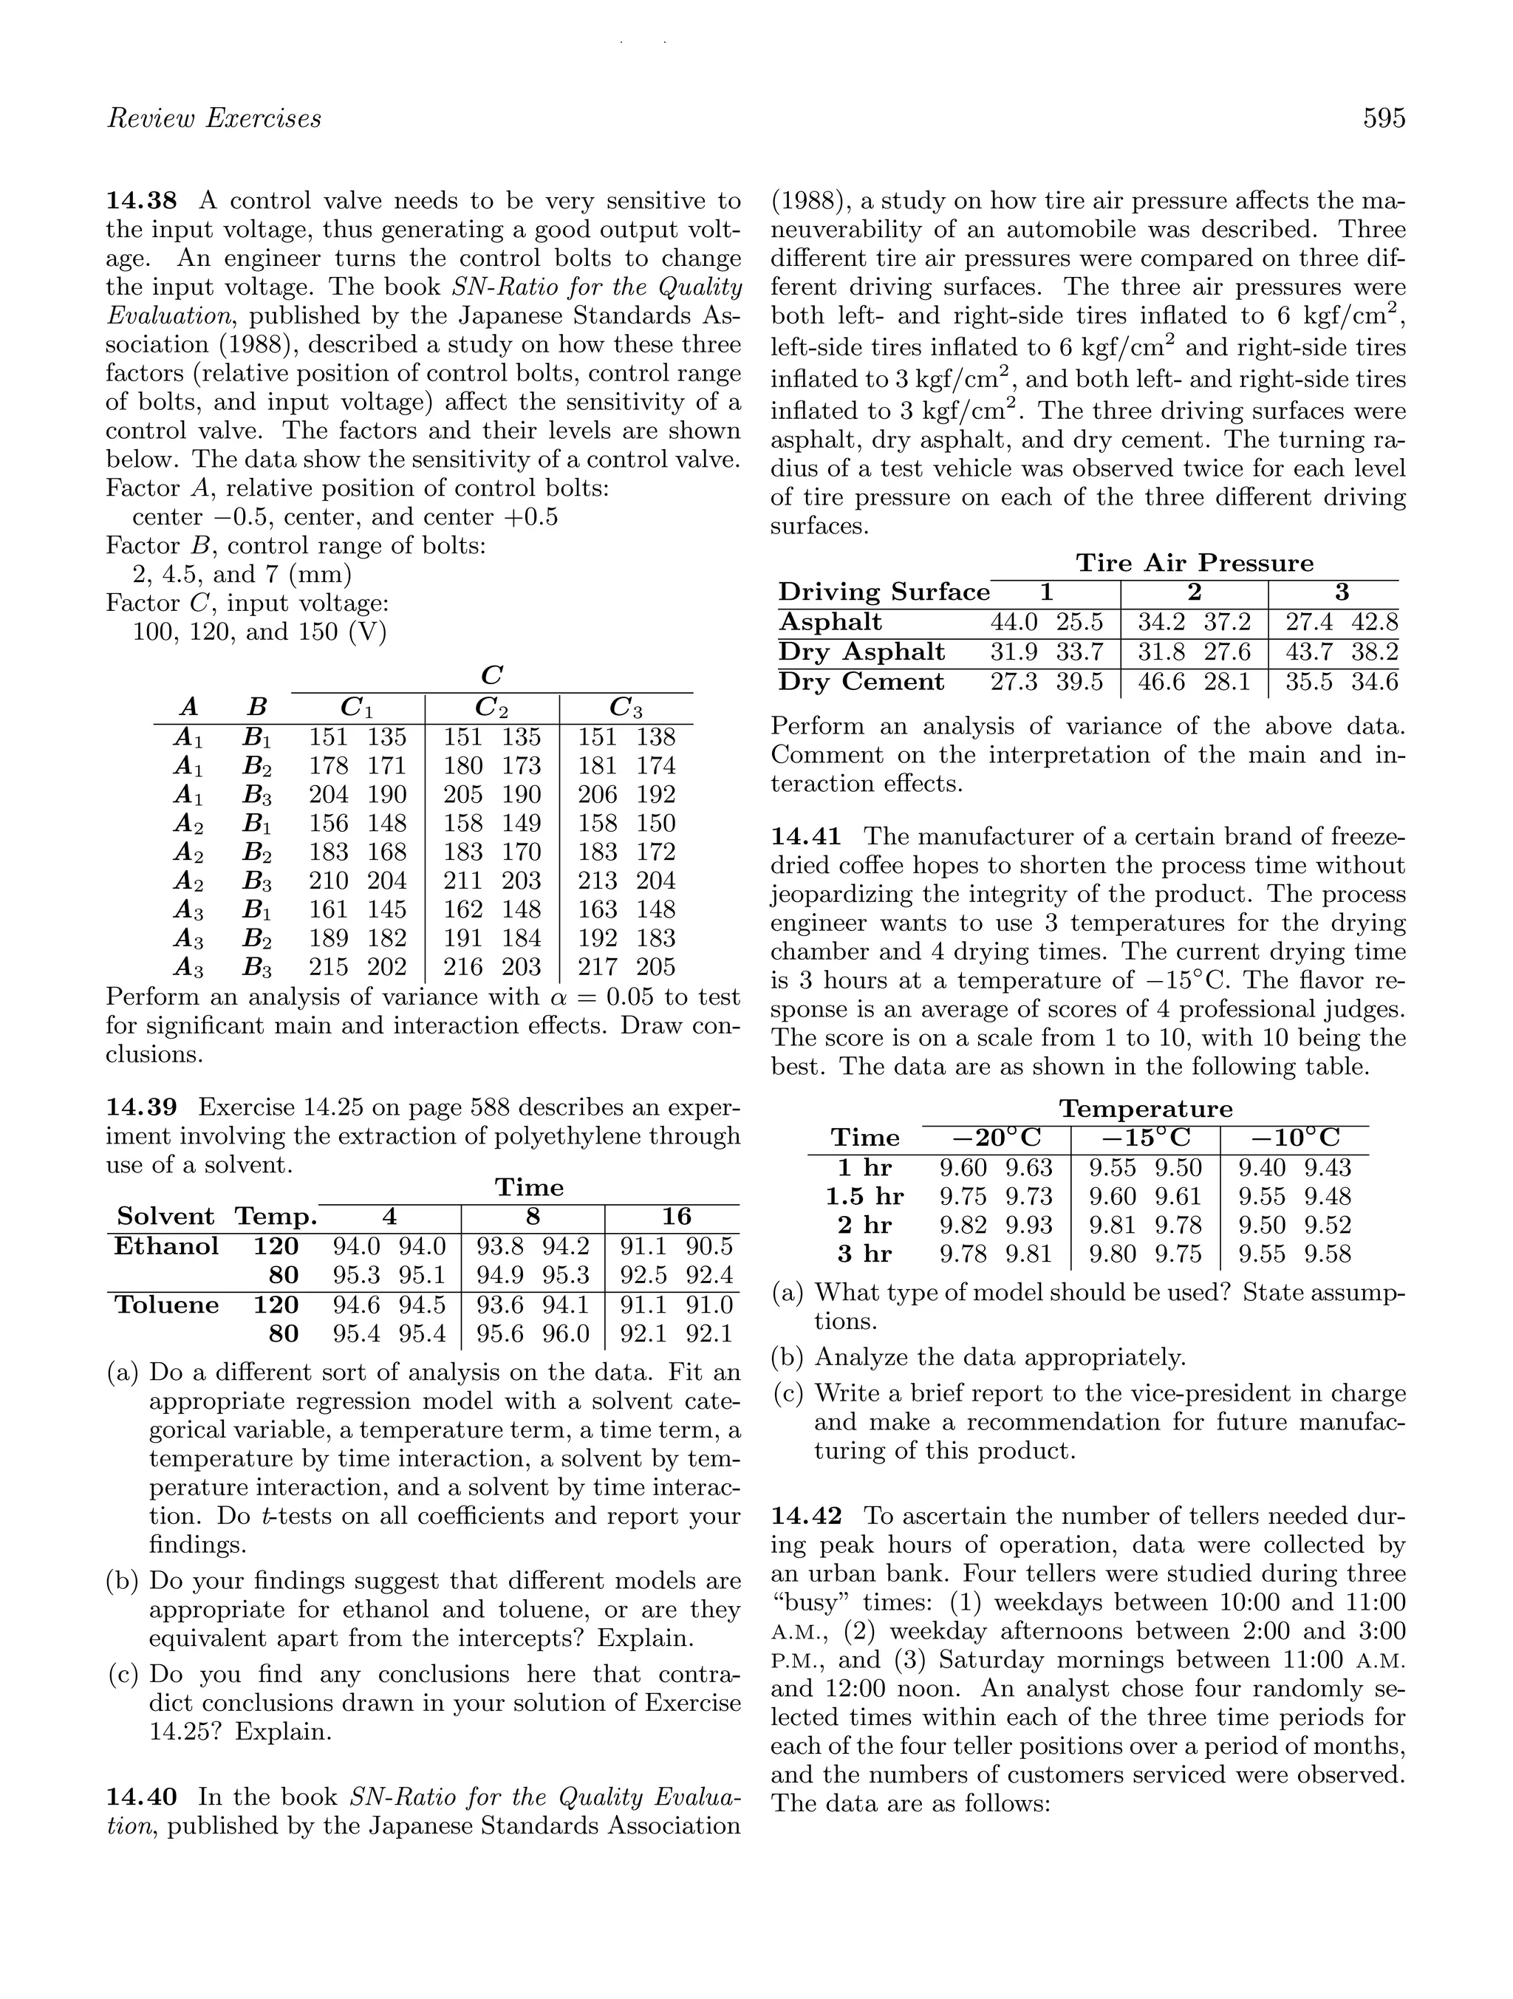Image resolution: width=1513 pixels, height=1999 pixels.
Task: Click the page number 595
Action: (x=1384, y=118)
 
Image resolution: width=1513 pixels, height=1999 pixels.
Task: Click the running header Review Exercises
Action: (x=214, y=118)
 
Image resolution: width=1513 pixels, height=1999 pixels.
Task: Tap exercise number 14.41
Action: (x=806, y=837)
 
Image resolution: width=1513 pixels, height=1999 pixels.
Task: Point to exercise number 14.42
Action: (x=806, y=1516)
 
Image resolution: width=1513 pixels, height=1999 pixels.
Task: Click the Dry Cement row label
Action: (x=861, y=681)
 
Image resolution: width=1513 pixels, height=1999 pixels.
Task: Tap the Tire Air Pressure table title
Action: (x=1194, y=563)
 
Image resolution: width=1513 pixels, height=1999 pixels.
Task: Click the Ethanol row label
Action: (x=166, y=1246)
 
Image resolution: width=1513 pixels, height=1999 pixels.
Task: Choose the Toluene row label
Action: (x=167, y=1305)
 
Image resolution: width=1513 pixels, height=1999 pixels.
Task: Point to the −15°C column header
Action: (x=1145, y=1138)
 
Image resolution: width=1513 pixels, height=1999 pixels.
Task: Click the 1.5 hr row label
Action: (x=864, y=1197)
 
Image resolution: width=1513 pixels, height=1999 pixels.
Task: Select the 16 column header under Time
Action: (x=676, y=1217)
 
